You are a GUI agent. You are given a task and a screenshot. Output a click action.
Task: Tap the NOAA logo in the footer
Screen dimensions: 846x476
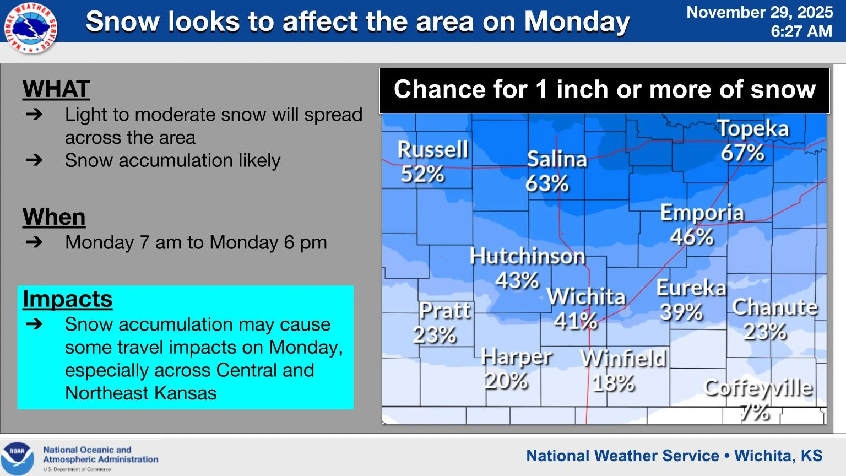point(17,458)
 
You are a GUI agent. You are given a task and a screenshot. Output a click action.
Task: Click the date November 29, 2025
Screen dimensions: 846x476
point(760,12)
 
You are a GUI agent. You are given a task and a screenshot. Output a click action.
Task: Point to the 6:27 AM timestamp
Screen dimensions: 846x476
point(801,31)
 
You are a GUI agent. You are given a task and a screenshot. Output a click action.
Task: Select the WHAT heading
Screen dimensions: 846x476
point(56,89)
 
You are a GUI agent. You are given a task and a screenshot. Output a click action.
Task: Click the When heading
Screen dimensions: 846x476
point(53,217)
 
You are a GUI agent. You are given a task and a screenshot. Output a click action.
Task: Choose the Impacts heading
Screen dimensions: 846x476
point(67,299)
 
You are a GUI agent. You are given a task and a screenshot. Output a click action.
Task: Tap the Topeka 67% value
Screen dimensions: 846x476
point(742,153)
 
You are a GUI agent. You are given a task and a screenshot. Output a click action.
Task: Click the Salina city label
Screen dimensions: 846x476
point(557,159)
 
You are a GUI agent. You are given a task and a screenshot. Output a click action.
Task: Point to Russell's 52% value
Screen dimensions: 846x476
point(422,174)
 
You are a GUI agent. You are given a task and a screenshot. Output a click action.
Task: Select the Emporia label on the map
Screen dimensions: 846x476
point(702,213)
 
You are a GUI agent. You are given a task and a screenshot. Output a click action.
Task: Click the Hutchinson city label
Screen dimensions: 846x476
point(527,256)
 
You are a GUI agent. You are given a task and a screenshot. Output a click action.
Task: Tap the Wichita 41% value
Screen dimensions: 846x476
point(576,321)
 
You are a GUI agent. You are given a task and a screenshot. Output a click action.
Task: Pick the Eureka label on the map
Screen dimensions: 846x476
point(692,288)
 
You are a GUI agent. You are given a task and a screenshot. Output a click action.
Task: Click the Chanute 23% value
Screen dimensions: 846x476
point(765,332)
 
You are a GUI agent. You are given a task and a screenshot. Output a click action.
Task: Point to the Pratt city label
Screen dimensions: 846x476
point(444,311)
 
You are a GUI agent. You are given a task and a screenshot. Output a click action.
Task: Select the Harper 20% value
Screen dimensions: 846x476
point(506,381)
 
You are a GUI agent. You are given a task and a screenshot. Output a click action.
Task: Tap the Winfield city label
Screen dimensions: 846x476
point(623,359)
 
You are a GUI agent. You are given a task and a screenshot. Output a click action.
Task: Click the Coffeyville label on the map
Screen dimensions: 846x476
point(758,388)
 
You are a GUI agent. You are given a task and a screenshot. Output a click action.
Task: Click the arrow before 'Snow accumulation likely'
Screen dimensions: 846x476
point(34,160)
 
